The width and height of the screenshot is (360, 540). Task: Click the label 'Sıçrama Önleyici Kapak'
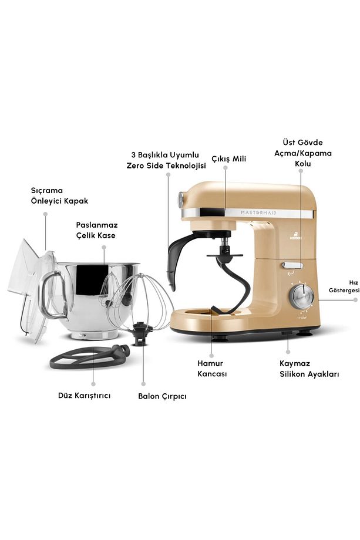[x=59, y=195]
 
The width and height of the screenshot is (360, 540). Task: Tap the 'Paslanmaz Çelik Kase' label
[x=97, y=230]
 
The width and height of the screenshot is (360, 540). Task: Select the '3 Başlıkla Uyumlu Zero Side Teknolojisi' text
[x=166, y=160]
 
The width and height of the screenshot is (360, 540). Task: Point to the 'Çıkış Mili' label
[x=229, y=158]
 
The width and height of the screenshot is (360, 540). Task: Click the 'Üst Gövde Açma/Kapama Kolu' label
[x=303, y=153]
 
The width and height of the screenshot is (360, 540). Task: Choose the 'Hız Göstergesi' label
[x=344, y=286]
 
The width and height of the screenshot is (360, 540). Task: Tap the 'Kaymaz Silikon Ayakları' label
[x=309, y=369]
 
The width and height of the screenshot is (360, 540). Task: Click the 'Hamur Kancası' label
[x=212, y=369]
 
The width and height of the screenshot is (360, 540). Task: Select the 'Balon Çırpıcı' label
[x=162, y=396]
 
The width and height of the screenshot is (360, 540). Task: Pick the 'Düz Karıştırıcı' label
[x=85, y=396]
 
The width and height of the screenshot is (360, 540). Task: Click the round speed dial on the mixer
[x=301, y=295]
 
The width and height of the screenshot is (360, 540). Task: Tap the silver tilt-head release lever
[x=292, y=265]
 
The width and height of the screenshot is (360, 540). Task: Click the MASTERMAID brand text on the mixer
[x=258, y=213]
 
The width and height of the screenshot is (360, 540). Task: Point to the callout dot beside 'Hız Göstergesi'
[x=355, y=299]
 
